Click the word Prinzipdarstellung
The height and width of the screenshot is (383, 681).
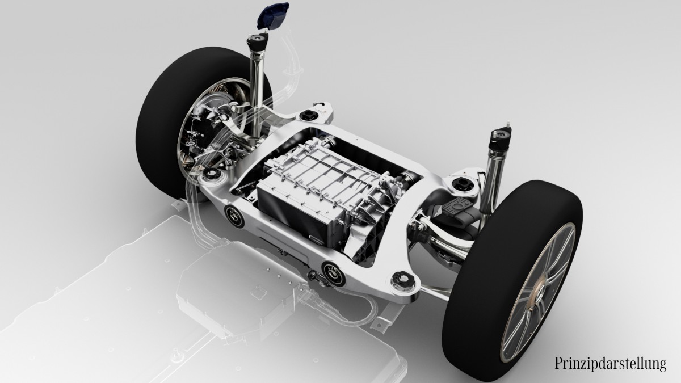tap(610, 364)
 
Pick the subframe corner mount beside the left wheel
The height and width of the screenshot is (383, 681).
tap(214, 175)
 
